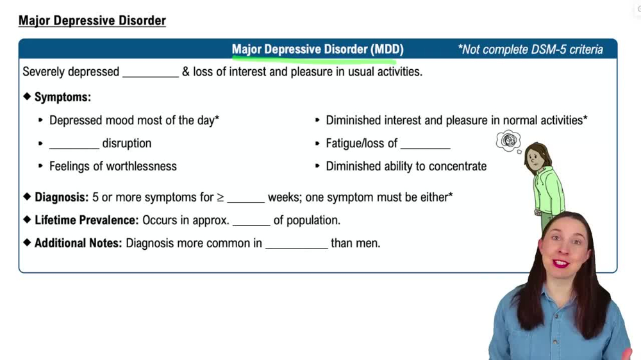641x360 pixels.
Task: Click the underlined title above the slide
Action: pyautogui.click(x=92, y=20)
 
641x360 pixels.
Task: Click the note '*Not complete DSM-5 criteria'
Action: pyautogui.click(x=530, y=49)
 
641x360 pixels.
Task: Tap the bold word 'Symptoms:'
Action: pyautogui.click(x=62, y=97)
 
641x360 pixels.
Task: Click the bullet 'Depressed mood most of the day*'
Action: pyautogui.click(x=134, y=120)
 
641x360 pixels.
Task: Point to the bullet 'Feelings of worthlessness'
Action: pyautogui.click(x=113, y=167)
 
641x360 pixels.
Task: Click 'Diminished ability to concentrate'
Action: pyautogui.click(x=406, y=167)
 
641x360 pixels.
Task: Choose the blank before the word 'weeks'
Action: pyautogui.click(x=246, y=199)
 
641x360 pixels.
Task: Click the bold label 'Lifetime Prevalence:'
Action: pyautogui.click(x=87, y=220)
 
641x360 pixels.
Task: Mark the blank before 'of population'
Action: pyautogui.click(x=251, y=222)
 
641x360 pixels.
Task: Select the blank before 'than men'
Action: pyautogui.click(x=296, y=245)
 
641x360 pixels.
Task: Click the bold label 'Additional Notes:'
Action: pyautogui.click(x=78, y=243)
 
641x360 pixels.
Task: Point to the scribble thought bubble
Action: pyautogui.click(x=508, y=140)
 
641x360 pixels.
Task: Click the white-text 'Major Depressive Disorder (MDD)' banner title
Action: pyautogui.click(x=317, y=49)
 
